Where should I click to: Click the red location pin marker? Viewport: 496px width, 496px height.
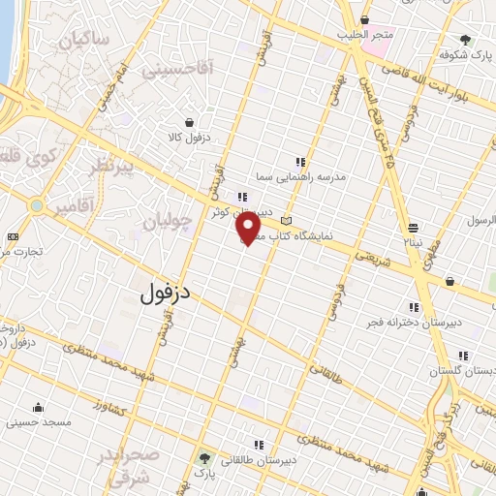[x=249, y=228]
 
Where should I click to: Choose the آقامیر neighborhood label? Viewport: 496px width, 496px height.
[x=75, y=206]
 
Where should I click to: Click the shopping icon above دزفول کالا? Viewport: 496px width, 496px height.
[x=190, y=122]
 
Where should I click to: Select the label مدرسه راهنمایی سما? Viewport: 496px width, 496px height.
[x=300, y=178]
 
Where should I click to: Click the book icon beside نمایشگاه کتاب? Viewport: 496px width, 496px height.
[x=285, y=223]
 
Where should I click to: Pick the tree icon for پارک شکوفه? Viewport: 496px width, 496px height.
[x=465, y=40]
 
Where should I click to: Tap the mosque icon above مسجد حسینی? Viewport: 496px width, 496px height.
[x=37, y=407]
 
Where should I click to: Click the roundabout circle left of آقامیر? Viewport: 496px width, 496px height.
[x=37, y=206]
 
